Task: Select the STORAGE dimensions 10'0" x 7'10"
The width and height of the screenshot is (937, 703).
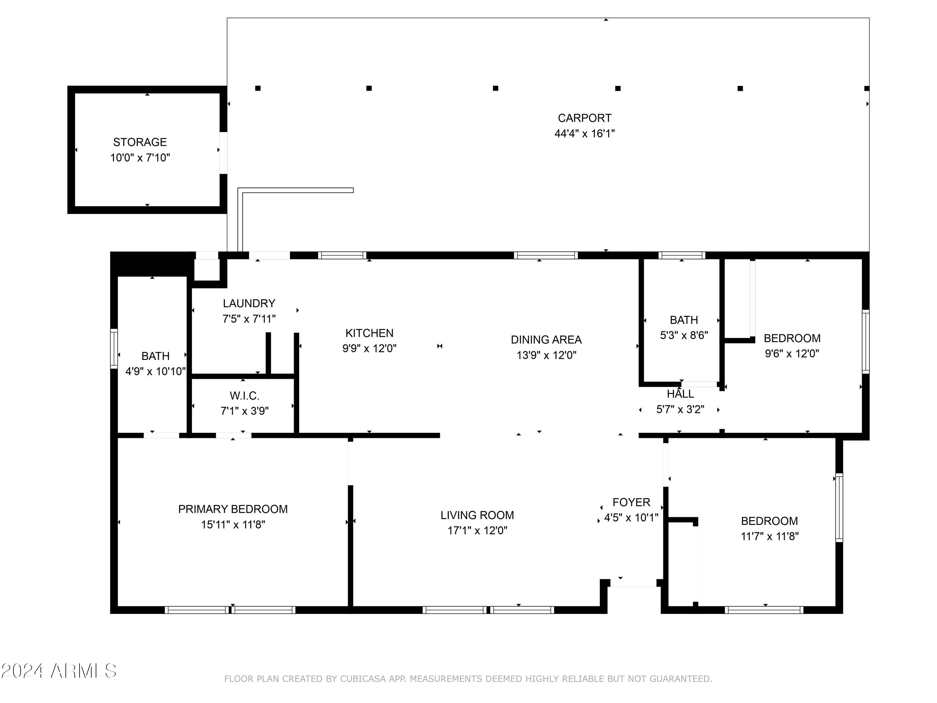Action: tap(140, 158)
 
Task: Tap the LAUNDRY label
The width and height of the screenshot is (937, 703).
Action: tap(249, 303)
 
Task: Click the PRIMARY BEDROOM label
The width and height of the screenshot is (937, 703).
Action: tap(233, 509)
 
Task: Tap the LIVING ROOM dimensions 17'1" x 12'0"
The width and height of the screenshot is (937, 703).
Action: tap(477, 531)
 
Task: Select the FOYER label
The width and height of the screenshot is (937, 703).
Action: tap(631, 502)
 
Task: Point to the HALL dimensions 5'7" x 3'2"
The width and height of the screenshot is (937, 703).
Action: tap(680, 409)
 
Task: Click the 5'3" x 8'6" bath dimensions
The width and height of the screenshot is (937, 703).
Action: tap(684, 335)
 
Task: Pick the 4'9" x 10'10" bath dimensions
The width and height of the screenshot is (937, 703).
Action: tap(156, 371)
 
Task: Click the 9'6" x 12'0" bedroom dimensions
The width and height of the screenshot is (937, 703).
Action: tap(792, 353)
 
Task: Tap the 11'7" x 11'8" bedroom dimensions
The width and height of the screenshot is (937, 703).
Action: tap(769, 536)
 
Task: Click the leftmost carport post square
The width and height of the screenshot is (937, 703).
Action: tap(258, 88)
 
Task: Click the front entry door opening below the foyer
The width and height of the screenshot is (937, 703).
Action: tap(633, 584)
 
